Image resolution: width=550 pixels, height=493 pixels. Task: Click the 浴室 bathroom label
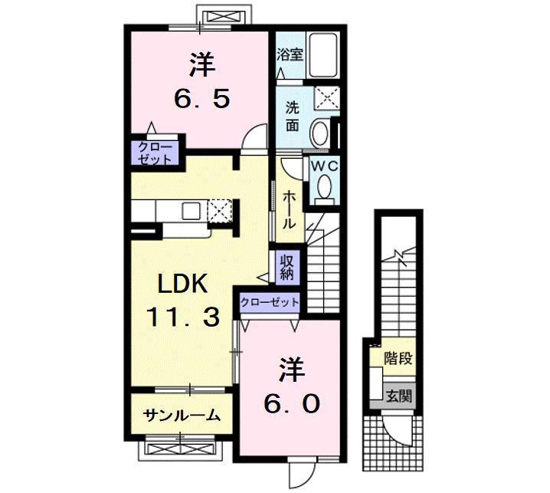[290, 54]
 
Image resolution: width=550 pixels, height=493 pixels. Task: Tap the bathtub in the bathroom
[323, 55]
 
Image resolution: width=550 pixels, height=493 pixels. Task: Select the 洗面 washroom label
[292, 117]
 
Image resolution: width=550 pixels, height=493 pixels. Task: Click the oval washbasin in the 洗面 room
[319, 134]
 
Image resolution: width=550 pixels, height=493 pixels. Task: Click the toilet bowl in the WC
[324, 186]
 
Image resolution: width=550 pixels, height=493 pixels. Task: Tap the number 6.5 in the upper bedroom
[202, 99]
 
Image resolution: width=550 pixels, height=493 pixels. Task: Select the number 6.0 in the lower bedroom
[292, 404]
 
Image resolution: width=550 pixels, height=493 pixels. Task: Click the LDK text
[182, 284]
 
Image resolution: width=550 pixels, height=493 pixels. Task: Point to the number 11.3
[183, 317]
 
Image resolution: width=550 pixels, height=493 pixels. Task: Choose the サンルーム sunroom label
[182, 416]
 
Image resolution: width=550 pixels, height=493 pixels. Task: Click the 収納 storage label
[287, 267]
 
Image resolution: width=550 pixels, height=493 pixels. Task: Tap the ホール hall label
[289, 209]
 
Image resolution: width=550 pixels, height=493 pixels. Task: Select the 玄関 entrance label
[399, 397]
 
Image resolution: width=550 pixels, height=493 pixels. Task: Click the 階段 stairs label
[398, 358]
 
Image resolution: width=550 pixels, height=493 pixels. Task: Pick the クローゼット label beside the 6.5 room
[155, 153]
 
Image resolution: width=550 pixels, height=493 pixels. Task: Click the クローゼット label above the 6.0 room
[270, 302]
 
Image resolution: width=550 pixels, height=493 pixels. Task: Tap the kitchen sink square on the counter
[191, 211]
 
